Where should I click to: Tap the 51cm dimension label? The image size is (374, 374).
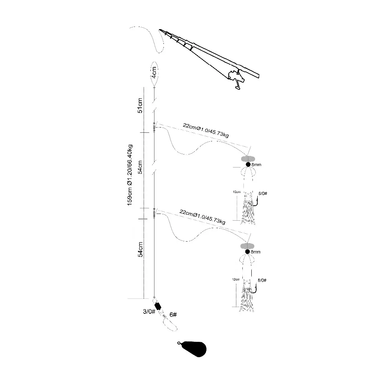[x=140, y=105]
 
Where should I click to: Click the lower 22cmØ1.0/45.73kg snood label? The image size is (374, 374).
[x=202, y=218]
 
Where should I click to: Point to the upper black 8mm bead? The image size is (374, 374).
[x=248, y=164]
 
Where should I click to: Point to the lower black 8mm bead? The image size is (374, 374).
[x=248, y=252]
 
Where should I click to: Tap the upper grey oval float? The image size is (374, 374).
[x=247, y=158]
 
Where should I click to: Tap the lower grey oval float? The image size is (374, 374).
[x=247, y=246]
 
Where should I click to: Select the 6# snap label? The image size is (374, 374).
[x=173, y=315]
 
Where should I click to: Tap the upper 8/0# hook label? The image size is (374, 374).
[x=263, y=194]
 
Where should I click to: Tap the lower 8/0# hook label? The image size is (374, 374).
[x=263, y=280]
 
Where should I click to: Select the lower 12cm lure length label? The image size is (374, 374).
[x=236, y=279]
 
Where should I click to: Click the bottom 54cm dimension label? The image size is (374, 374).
[x=140, y=249]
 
